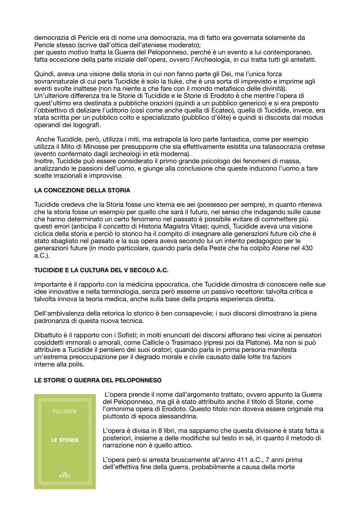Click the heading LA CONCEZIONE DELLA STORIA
pos(82,190)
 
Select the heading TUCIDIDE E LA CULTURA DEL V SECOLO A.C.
pos(101,270)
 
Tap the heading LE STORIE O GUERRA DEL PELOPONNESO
pos(98,380)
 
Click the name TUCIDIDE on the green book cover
pos(65,411)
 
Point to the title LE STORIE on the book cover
pos(65,440)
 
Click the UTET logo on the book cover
pos(65,476)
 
